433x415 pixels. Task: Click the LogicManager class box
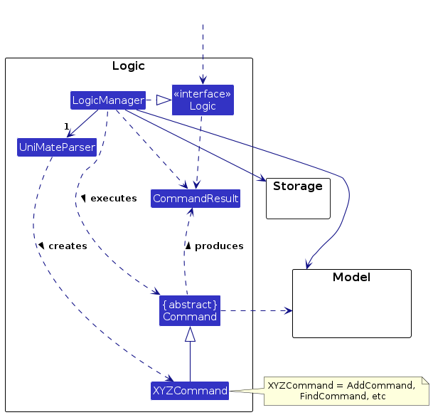coord(108,100)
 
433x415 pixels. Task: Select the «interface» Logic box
coord(203,100)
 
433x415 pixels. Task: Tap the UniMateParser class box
coord(57,147)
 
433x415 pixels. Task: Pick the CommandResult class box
coord(196,199)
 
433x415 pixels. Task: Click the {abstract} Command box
coord(190,310)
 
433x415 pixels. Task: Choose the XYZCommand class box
coord(190,391)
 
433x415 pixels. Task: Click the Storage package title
coord(298,186)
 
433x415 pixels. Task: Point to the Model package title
coord(351,277)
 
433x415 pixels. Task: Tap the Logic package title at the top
coord(129,65)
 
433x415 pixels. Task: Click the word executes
coord(114,198)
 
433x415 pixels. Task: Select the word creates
coord(68,246)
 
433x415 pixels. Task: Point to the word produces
coord(219,246)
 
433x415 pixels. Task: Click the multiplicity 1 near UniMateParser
coord(67,127)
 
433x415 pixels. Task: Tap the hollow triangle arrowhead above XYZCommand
coord(190,334)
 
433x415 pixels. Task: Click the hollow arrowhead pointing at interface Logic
coord(164,100)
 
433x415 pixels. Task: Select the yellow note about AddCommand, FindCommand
coord(346,391)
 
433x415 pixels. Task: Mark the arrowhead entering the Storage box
coord(262,179)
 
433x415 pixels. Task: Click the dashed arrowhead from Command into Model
coord(288,310)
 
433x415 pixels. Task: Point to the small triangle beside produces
coord(188,246)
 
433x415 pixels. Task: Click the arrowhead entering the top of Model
coord(308,264)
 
